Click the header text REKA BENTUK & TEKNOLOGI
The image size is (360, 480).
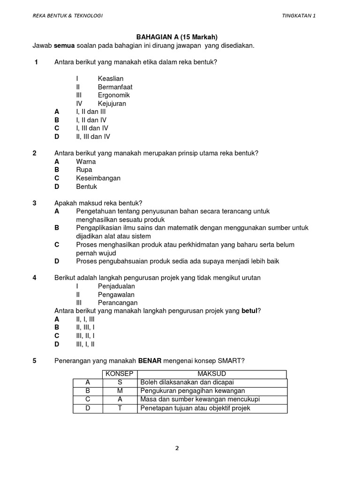pyautogui.click(x=67, y=15)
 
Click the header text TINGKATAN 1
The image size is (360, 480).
pyautogui.click(x=299, y=15)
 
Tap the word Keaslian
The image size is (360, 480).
pyautogui.click(x=111, y=79)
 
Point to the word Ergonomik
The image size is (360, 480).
pyautogui.click(x=114, y=95)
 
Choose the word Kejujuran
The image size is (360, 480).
pyautogui.click(x=112, y=104)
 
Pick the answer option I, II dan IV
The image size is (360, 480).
pyautogui.click(x=91, y=120)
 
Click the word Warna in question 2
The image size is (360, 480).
pyautogui.click(x=86, y=162)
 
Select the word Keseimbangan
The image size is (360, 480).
pyautogui.click(x=98, y=178)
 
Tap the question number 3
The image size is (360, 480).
pyautogui.click(x=35, y=203)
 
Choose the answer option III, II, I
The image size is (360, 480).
pyautogui.click(x=85, y=336)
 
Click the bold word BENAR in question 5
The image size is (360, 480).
pyautogui.click(x=150, y=361)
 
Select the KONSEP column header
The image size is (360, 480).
pyautogui.click(x=120, y=374)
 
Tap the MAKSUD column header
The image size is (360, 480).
pyautogui.click(x=212, y=374)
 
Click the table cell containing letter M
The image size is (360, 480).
pyautogui.click(x=120, y=391)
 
